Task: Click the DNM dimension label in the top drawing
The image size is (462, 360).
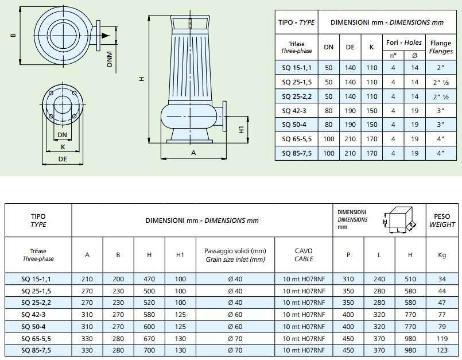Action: click(110, 59)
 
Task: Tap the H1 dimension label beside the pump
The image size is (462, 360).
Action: click(241, 130)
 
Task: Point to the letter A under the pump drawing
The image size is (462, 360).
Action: click(193, 153)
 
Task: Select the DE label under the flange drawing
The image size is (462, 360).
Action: click(63, 159)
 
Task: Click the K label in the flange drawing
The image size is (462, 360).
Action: click(63, 147)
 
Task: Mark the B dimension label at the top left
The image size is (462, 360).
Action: click(13, 35)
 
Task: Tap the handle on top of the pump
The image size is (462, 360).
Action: click(191, 22)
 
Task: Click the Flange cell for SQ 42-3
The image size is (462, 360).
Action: click(441, 111)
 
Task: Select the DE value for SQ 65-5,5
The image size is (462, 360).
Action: click(350, 139)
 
